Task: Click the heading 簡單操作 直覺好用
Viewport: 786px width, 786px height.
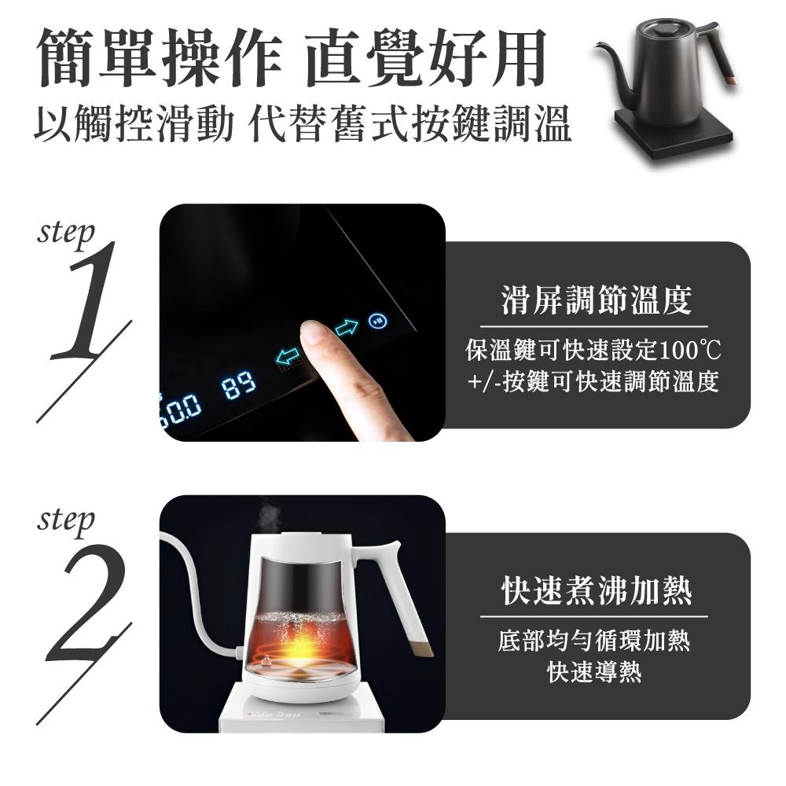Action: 291,59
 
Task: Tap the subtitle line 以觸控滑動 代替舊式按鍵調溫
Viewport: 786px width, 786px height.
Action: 303,126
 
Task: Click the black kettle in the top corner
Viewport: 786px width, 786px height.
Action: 668,86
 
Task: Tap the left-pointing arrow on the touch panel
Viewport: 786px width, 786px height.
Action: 288,356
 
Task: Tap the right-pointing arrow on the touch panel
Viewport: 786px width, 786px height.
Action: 346,329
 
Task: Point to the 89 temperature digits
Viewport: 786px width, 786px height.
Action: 238,386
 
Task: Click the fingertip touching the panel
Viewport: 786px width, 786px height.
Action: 314,334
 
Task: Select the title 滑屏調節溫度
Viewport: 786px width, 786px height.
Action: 596,301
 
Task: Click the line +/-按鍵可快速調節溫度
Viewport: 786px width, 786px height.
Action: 593,382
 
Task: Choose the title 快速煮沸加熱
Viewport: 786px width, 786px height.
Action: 596,591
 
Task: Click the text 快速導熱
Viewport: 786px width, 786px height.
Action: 594,672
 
